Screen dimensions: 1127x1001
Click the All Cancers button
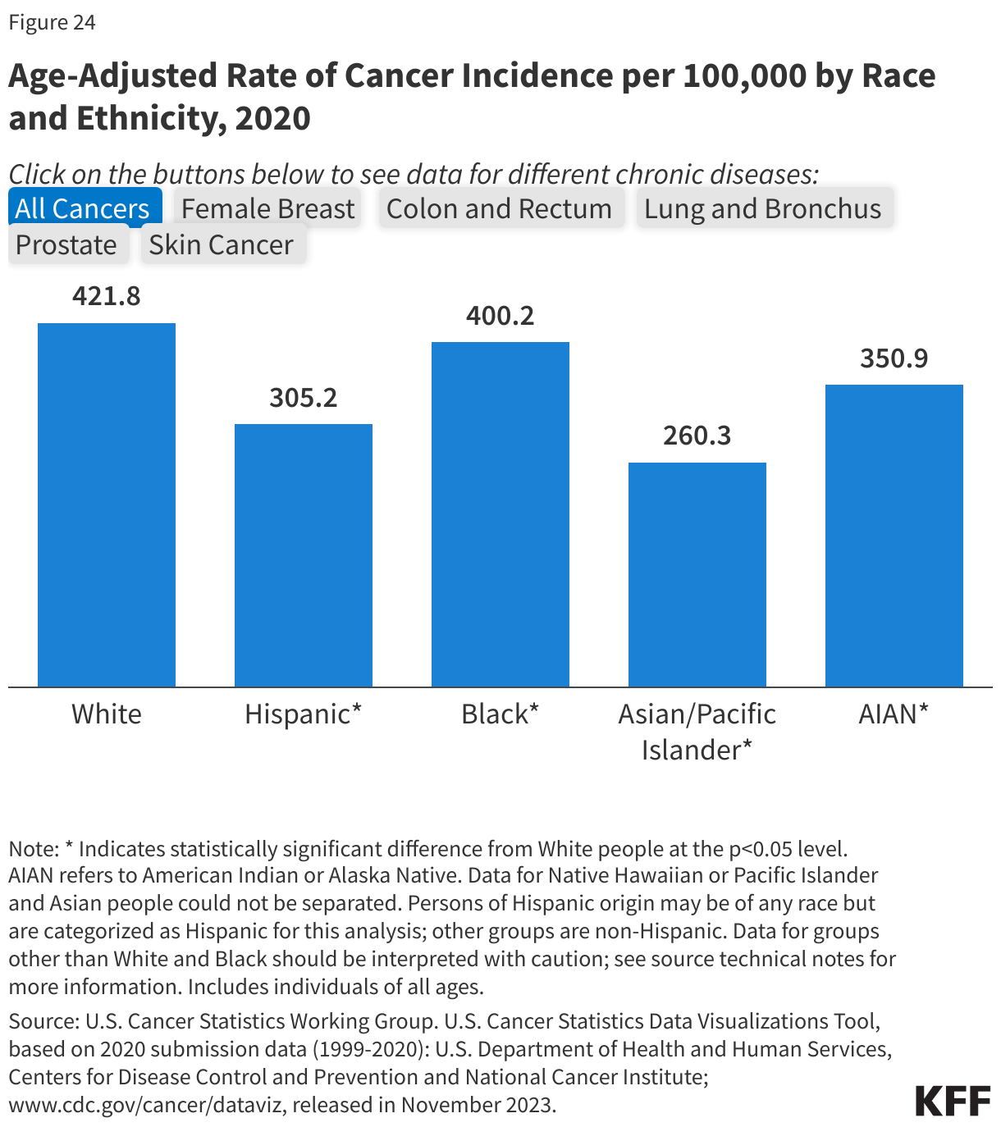pyautogui.click(x=83, y=208)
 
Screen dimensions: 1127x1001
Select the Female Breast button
pyautogui.click(x=267, y=208)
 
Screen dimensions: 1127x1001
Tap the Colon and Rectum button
pyautogui.click(x=499, y=208)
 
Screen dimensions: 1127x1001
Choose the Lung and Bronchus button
pyautogui.click(x=762, y=208)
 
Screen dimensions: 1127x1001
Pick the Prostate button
pyautogui.click(x=66, y=244)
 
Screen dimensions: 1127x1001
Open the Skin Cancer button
pyautogui.click(x=221, y=244)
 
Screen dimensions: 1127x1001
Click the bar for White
pyautogui.click(x=107, y=504)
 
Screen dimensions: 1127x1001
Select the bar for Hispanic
pyautogui.click(x=304, y=555)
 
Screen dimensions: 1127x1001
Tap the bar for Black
pyautogui.click(x=500, y=514)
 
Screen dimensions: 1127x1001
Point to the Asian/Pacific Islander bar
pyautogui.click(x=697, y=574)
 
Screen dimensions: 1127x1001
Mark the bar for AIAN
pyautogui.click(x=894, y=535)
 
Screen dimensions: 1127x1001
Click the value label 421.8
pyautogui.click(x=107, y=296)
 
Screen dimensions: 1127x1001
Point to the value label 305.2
pyautogui.click(x=304, y=398)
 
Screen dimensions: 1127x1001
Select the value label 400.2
pyautogui.click(x=500, y=316)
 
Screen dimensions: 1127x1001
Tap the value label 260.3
pyautogui.click(x=697, y=436)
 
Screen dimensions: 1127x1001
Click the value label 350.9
pyautogui.click(x=894, y=358)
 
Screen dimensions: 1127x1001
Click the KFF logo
pyautogui.click(x=953, y=1101)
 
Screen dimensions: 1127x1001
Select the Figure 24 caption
pyautogui.click(x=53, y=22)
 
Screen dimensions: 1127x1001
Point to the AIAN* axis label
pyautogui.click(x=894, y=714)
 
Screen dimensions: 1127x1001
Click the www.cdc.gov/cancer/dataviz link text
pyautogui.click(x=146, y=1105)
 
